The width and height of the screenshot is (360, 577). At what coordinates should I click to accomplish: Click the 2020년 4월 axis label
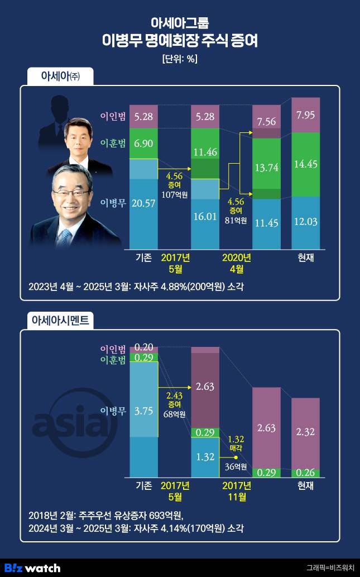(237, 263)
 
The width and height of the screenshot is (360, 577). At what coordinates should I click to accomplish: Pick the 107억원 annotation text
(174, 195)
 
